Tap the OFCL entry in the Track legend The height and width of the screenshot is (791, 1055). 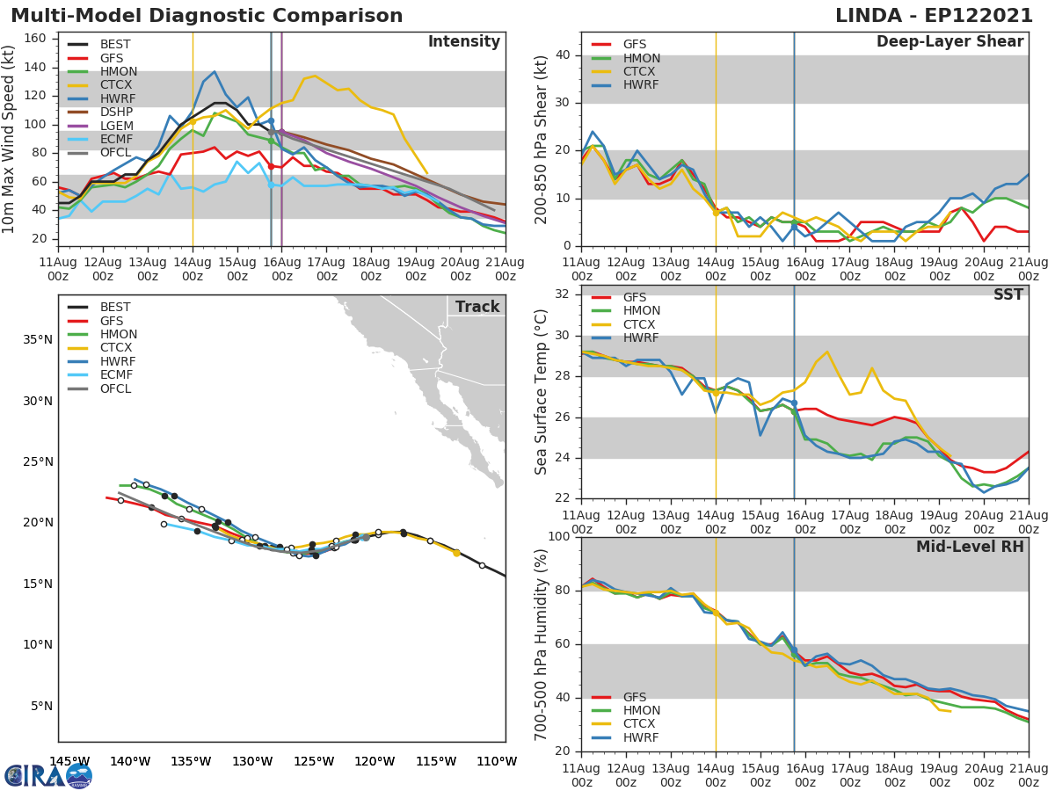[x=114, y=388]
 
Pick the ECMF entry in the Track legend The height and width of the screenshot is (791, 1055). [x=114, y=375]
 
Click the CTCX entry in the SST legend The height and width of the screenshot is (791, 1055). [x=639, y=324]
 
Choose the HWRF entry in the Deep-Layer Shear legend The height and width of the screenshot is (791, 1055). [x=639, y=85]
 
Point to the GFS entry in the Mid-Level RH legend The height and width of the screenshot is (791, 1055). [x=639, y=697]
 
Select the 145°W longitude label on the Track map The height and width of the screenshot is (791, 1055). [x=69, y=761]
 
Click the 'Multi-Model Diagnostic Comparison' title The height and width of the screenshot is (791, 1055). [x=207, y=16]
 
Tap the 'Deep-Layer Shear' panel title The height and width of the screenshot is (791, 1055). [x=949, y=42]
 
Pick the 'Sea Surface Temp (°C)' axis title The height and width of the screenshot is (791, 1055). [x=542, y=393]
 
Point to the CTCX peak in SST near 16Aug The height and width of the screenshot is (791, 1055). [x=827, y=352]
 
